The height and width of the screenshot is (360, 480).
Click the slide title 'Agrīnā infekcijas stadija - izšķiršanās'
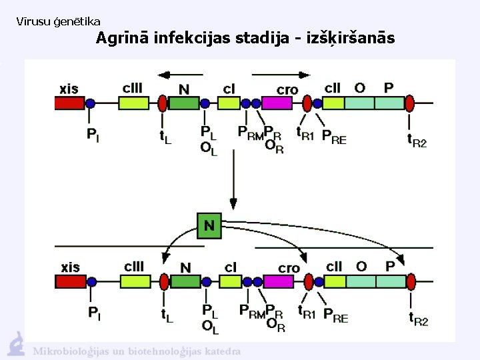pos(245,39)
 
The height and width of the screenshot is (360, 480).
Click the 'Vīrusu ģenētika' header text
pos(58,22)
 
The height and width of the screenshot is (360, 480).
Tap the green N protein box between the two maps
pos(209,226)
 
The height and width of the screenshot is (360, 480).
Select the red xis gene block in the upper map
pos(69,103)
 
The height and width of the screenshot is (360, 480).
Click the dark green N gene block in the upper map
pos(185,103)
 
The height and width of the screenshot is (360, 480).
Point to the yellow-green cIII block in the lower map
pos(134,281)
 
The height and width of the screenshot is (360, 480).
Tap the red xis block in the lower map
pos(69,281)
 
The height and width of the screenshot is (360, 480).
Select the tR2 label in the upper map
pos(417,139)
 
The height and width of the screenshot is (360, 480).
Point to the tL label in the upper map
pos(165,137)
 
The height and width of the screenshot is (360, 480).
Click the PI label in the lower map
pos(95,312)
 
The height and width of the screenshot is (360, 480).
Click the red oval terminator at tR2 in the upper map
pos(410,103)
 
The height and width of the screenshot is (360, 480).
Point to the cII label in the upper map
pos(333,88)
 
